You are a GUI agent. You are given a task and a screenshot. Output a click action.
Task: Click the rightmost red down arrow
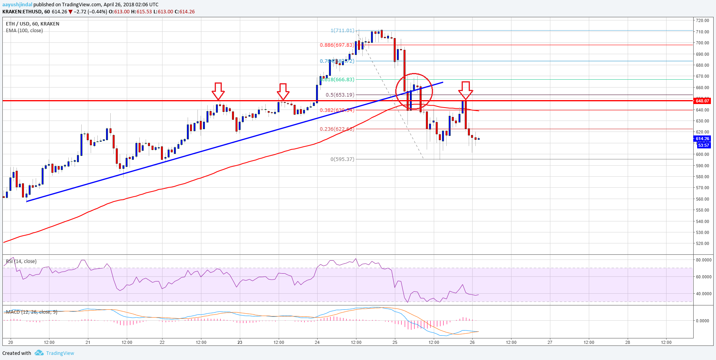click(x=466, y=90)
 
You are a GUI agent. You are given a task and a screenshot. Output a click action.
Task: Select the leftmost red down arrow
click(x=218, y=91)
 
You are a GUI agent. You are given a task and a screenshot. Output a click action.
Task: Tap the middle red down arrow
click(x=283, y=91)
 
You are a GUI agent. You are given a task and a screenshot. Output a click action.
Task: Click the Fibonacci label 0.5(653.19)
click(x=340, y=95)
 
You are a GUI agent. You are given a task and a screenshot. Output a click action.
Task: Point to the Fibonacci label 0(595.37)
click(x=342, y=159)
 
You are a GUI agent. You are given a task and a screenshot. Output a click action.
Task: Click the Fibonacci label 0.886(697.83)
click(x=337, y=45)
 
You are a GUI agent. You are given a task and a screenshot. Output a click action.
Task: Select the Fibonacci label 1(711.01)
click(x=342, y=30)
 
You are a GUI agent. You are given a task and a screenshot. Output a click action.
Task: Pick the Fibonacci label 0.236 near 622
click(x=337, y=129)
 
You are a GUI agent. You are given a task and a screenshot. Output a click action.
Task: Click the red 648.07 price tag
click(x=702, y=101)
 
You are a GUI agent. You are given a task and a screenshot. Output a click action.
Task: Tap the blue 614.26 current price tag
click(x=702, y=139)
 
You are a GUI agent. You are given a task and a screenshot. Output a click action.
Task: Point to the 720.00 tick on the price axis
click(x=702, y=20)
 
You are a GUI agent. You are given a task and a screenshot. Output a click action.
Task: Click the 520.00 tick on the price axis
click(x=702, y=243)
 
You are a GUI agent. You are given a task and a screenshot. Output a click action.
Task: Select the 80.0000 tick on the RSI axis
click(x=703, y=260)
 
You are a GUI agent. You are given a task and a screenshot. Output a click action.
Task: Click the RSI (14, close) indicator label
click(x=21, y=261)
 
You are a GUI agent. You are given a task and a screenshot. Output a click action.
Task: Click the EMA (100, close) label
click(x=24, y=30)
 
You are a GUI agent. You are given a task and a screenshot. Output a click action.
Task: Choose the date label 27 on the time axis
click(x=550, y=342)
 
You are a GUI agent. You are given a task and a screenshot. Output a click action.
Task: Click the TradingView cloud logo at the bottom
click(x=39, y=353)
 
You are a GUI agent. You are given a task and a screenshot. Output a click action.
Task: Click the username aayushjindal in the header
click(x=17, y=4)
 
